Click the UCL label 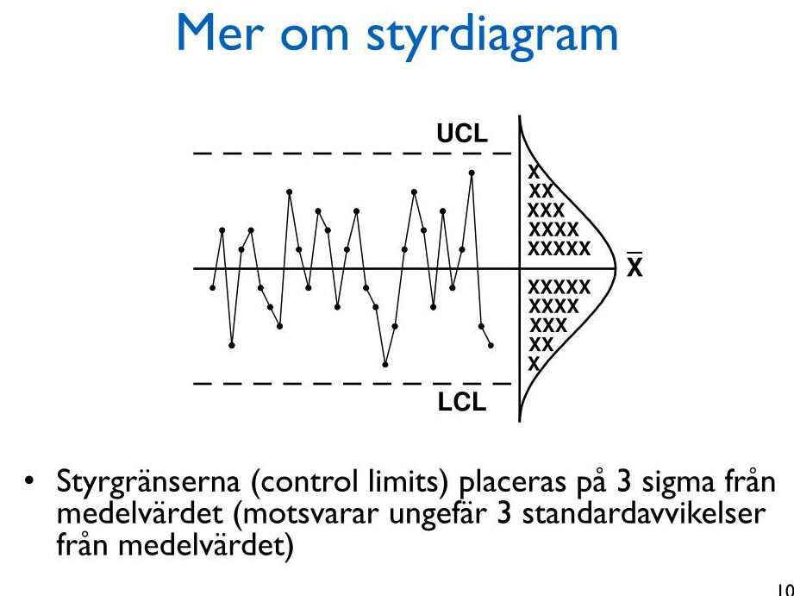[462, 134]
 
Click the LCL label [462, 403]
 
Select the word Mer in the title [222, 34]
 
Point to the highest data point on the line [472, 173]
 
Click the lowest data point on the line [385, 364]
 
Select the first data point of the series [213, 288]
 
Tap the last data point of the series [491, 346]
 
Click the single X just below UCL [535, 172]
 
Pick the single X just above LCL [535, 364]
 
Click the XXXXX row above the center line [560, 249]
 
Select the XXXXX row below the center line [560, 287]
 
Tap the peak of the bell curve [616, 268]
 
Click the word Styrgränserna [148, 482]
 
